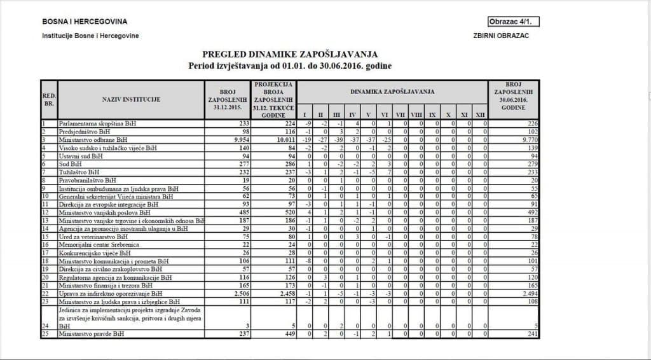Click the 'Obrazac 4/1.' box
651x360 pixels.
click(514, 22)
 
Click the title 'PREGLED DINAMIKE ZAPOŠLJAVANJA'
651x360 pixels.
click(290, 55)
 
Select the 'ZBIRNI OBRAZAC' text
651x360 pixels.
click(501, 36)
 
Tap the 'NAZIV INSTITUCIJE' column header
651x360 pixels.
click(131, 99)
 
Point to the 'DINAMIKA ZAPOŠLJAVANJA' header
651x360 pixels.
click(392, 92)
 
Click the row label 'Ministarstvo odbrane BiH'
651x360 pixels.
click(93, 139)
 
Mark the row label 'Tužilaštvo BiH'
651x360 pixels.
click(79, 171)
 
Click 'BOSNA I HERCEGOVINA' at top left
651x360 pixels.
click(85, 22)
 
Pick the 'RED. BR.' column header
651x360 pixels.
click(48, 99)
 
